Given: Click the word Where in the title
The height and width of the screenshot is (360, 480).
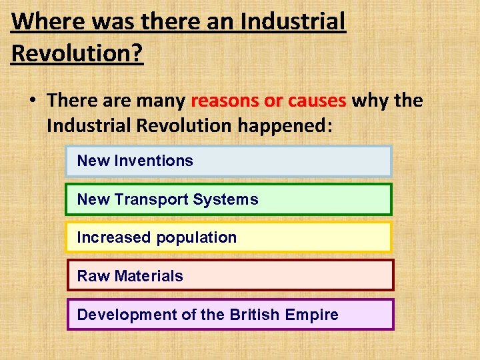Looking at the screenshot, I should pyautogui.click(x=49, y=22).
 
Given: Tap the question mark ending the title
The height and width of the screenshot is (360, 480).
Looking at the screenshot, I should pyautogui.click(x=137, y=53).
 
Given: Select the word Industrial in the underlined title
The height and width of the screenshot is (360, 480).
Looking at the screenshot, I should pyautogui.click(x=293, y=22).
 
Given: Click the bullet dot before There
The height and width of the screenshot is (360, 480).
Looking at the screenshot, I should pyautogui.click(x=31, y=101).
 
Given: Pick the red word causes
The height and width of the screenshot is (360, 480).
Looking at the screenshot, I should pyautogui.click(x=315, y=101).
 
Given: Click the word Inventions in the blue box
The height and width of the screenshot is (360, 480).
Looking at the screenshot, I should pyautogui.click(x=154, y=161).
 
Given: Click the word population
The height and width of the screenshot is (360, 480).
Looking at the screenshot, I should pyautogui.click(x=197, y=238).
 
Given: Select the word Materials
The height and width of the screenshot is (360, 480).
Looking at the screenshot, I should pyautogui.click(x=149, y=276).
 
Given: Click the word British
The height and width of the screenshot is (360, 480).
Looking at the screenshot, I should pyautogui.click(x=253, y=315).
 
